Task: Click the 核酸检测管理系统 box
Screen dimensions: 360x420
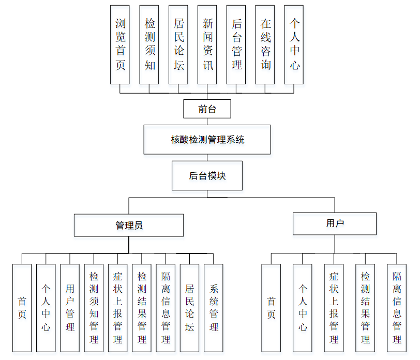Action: [x=207, y=139]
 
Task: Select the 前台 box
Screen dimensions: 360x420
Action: [x=207, y=109]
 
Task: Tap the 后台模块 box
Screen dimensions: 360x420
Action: [x=207, y=176]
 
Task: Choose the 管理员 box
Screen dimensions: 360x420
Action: [x=129, y=225]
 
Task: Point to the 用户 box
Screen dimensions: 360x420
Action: [x=335, y=223]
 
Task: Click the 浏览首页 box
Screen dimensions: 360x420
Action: [x=120, y=44]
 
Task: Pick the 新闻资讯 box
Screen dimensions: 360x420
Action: [x=207, y=44]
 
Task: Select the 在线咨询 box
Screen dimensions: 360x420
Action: [x=265, y=44]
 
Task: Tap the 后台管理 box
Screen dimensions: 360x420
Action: [x=236, y=44]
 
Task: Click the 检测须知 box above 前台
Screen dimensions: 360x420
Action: [x=149, y=44]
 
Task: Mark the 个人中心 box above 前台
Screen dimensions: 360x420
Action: [x=294, y=44]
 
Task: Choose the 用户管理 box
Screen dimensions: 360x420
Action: [x=70, y=308]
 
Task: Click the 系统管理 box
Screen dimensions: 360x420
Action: [x=214, y=308]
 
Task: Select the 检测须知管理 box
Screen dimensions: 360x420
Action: [x=94, y=308]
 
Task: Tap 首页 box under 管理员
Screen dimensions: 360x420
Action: [x=22, y=308]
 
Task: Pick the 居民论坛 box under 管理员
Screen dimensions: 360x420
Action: [x=190, y=308]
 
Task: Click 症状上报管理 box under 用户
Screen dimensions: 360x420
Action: [x=334, y=308]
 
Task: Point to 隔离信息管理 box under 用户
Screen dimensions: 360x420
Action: [x=397, y=308]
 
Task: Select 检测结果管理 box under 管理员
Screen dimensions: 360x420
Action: [x=142, y=308]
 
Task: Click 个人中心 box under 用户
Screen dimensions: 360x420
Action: [x=303, y=308]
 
